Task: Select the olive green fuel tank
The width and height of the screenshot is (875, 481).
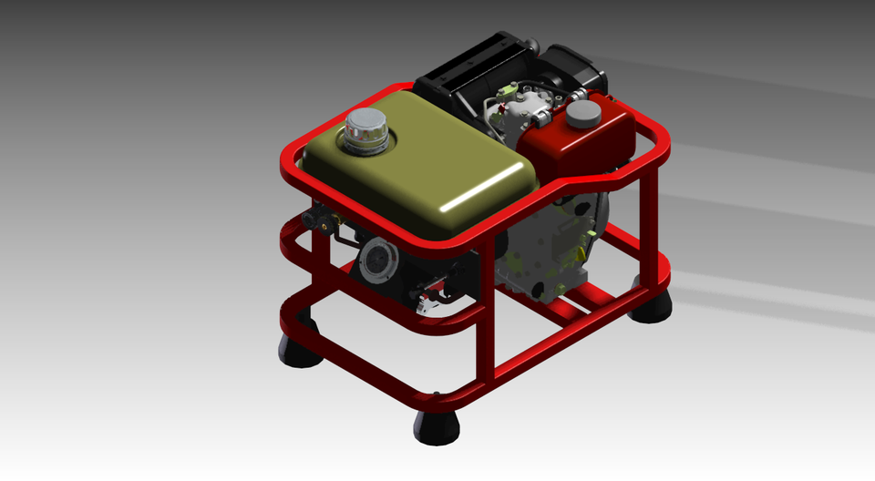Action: pyautogui.click(x=419, y=178)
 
